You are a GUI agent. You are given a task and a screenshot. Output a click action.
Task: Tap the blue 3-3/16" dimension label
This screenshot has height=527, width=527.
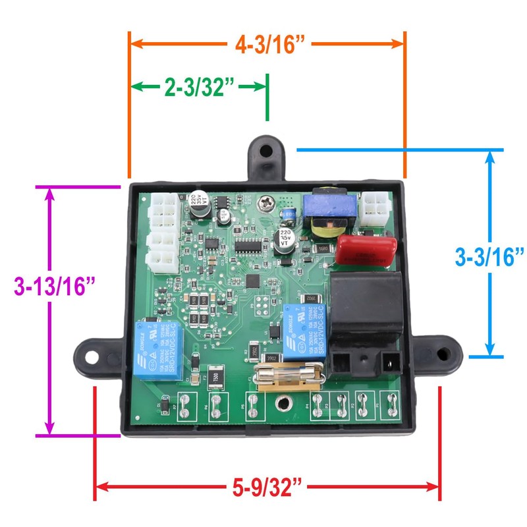(489, 255)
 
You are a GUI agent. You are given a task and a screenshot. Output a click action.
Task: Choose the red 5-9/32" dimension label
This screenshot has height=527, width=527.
(268, 488)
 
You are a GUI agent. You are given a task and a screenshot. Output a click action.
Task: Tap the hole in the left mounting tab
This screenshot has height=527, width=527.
(90, 354)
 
